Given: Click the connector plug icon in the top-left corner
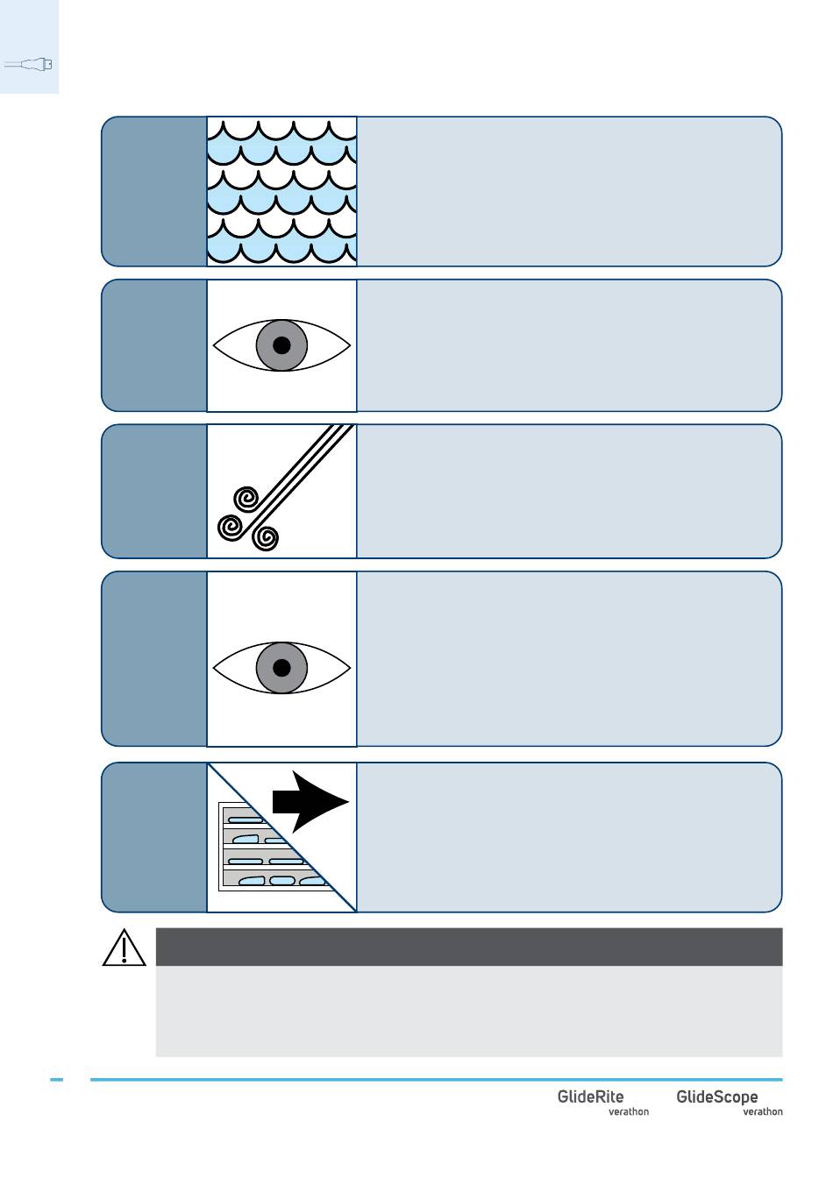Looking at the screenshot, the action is tap(29, 64).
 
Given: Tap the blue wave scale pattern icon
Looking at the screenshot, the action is tap(281, 190).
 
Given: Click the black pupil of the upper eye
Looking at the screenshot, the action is tap(281, 345).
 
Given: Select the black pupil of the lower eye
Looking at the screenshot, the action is tap(281, 668).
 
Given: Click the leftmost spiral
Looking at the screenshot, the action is tap(230, 527).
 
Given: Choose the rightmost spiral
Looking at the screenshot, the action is tap(266, 536).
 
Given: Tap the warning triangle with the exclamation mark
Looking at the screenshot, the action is tap(124, 947).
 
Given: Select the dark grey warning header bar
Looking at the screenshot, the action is tap(468, 947).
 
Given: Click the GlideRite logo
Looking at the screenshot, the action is tap(590, 1096).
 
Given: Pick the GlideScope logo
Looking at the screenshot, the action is tap(716, 1096).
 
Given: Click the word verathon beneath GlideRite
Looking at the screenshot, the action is tap(629, 1112).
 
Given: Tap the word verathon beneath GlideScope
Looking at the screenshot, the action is tap(763, 1112).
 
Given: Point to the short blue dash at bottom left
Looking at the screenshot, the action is tap(57, 1080).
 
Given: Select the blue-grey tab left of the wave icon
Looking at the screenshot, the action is tap(154, 191).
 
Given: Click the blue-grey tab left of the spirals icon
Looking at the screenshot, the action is tap(154, 491).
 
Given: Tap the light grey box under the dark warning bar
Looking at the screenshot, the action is tap(468, 1011).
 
